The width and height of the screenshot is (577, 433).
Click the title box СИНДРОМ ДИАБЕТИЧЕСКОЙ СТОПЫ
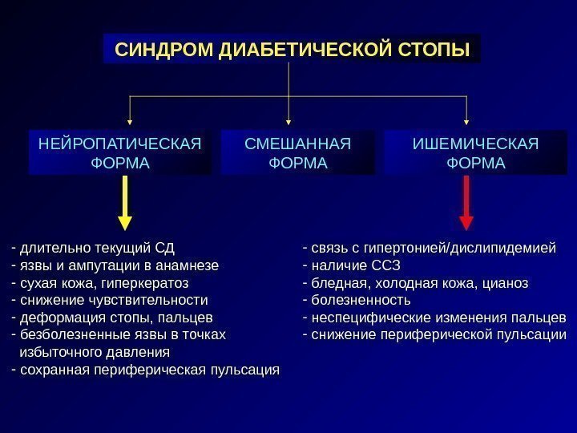point(292,50)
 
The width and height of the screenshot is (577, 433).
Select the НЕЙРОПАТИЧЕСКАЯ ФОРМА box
point(119,153)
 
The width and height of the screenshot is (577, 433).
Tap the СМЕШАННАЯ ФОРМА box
point(297,153)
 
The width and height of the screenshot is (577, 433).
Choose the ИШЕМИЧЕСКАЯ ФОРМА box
point(475,153)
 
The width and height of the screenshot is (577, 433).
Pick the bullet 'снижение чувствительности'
point(113,300)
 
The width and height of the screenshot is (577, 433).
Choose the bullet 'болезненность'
point(361,300)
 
